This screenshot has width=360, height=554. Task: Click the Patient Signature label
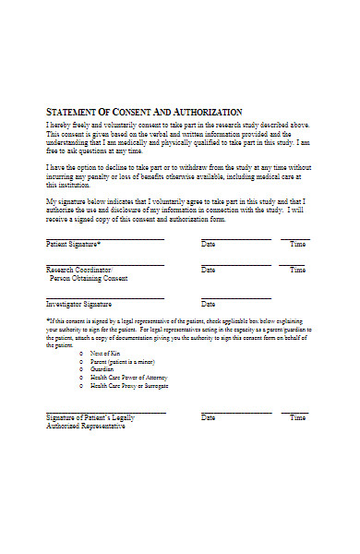(x=74, y=245)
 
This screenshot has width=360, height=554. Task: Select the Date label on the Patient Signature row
(x=208, y=245)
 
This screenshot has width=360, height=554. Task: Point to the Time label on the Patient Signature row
(x=297, y=245)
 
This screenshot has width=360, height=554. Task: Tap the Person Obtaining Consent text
(x=89, y=278)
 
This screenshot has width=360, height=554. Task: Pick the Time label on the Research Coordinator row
(x=297, y=270)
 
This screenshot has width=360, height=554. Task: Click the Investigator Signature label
(x=79, y=304)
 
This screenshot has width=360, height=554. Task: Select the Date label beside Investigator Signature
(x=208, y=304)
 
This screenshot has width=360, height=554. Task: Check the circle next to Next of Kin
(x=82, y=354)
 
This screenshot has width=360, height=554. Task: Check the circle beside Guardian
(x=82, y=369)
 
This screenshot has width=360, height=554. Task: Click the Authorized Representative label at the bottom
(x=86, y=427)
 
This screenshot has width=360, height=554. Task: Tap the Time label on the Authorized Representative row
(x=297, y=418)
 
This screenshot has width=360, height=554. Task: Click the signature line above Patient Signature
(x=104, y=238)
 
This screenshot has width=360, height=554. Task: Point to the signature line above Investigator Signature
(x=104, y=298)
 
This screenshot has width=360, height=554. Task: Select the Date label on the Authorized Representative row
(x=208, y=418)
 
